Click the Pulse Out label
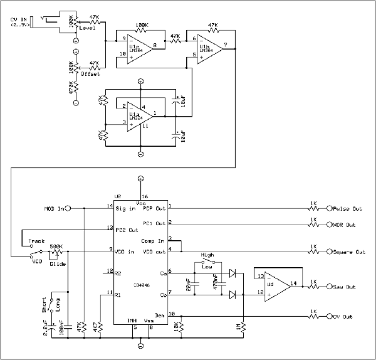click(x=348, y=209)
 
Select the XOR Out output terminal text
click(x=345, y=225)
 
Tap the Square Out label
click(x=350, y=252)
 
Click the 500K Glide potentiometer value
click(x=56, y=246)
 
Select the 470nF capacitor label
click(x=216, y=283)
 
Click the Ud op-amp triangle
click(x=274, y=283)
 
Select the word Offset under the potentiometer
click(x=90, y=74)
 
